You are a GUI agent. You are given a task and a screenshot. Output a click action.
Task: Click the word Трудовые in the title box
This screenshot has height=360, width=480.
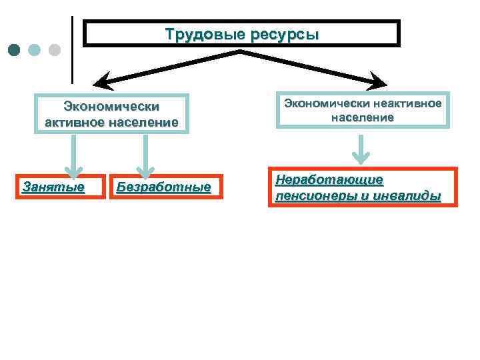pos(205,34)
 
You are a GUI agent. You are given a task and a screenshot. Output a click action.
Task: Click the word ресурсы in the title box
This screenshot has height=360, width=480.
pos(284,35)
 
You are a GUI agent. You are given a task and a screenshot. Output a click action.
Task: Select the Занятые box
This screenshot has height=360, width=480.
pos(53,187)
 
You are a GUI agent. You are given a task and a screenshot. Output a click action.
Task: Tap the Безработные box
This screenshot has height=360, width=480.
pos(164,187)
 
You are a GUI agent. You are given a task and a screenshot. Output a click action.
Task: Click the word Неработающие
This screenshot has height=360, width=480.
pos(329,180)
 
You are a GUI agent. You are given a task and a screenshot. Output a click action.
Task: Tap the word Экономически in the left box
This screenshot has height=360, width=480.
pos(111,107)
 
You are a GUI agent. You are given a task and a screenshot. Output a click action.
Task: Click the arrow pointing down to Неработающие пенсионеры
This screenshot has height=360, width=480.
pos(361,151)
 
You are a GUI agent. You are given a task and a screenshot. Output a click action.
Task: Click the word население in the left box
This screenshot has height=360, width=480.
pos(147,123)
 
